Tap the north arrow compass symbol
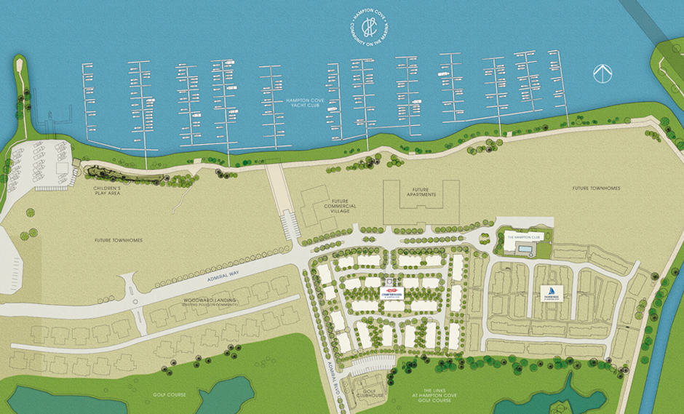[603, 73]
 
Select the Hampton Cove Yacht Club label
[303, 106]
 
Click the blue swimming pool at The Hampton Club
[522, 249]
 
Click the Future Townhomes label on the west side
[118, 240]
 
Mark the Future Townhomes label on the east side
[596, 188]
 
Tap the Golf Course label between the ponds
[169, 394]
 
